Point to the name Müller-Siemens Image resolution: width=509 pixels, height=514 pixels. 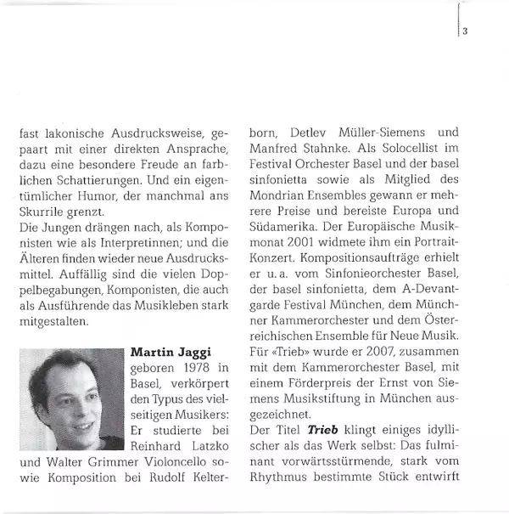(388, 134)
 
